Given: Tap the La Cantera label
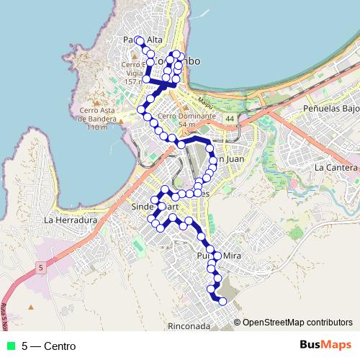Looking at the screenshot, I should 336,167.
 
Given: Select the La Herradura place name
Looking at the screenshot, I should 70,220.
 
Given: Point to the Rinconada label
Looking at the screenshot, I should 189,325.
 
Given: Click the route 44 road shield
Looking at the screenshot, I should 229,117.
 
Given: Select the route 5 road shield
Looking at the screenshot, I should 42,268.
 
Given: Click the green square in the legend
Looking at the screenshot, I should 11,346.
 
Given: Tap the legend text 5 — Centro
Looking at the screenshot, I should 48,346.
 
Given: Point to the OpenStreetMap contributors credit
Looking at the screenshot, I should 297,323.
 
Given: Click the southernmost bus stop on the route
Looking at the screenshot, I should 222,301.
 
